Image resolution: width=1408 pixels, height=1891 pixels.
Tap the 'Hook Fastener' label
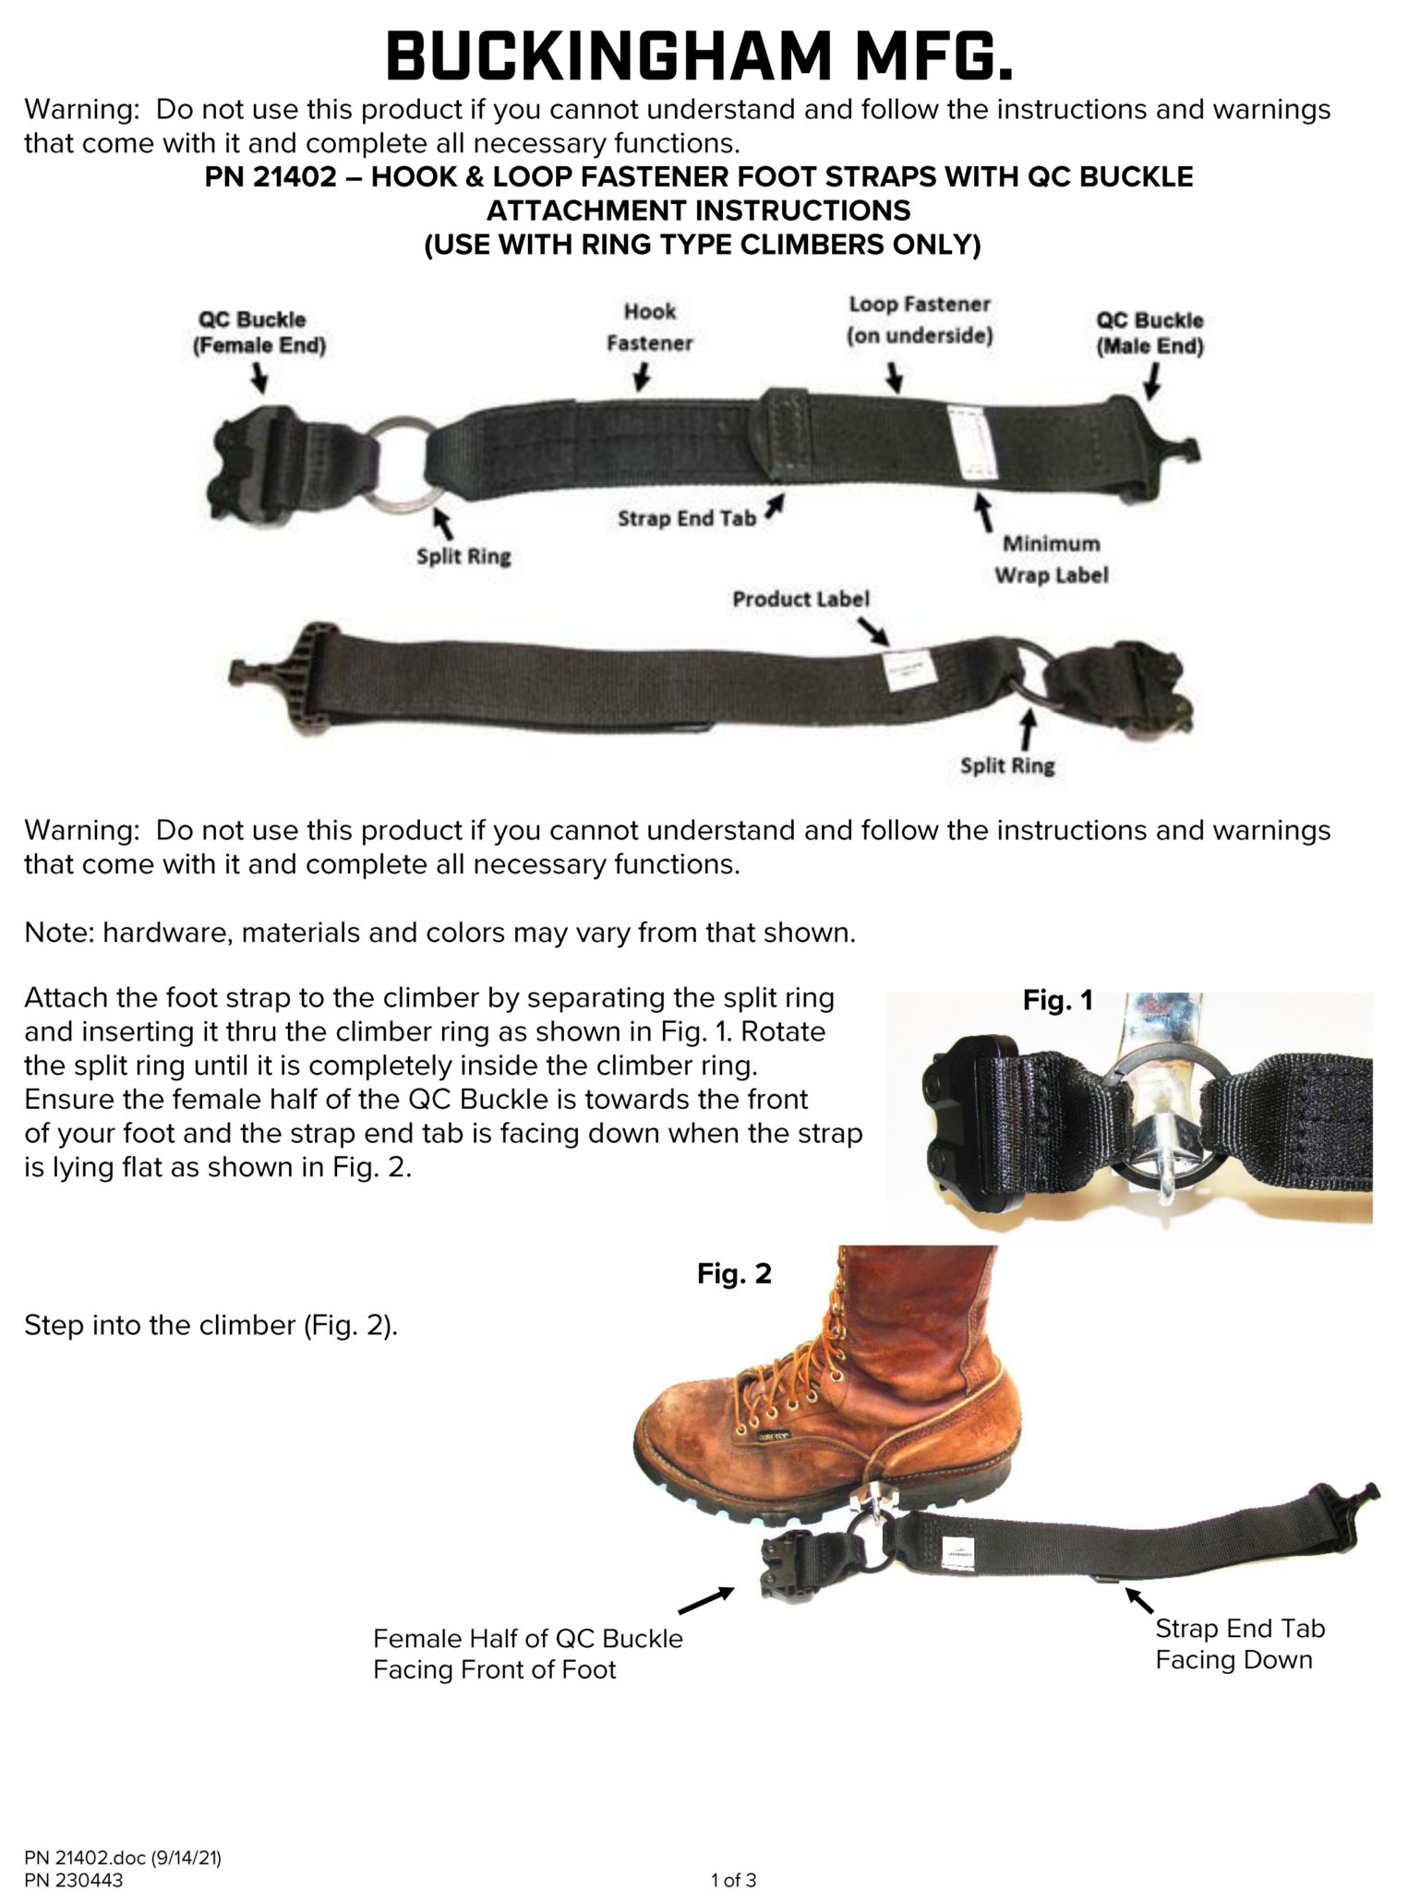[x=649, y=327]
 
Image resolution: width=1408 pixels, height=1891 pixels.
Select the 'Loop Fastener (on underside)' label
[x=919, y=319]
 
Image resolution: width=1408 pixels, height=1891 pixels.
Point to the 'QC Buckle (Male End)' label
[x=1149, y=334]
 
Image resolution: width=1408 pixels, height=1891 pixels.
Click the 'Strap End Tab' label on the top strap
[x=687, y=519]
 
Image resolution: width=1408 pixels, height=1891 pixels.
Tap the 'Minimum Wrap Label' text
[x=1051, y=560]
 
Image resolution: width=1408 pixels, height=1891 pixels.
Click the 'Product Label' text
[x=800, y=599]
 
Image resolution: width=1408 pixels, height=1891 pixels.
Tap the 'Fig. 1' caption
[x=1057, y=1001]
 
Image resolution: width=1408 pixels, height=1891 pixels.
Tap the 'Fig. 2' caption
[x=734, y=1274]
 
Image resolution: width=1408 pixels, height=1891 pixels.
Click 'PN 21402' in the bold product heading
[x=269, y=176]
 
